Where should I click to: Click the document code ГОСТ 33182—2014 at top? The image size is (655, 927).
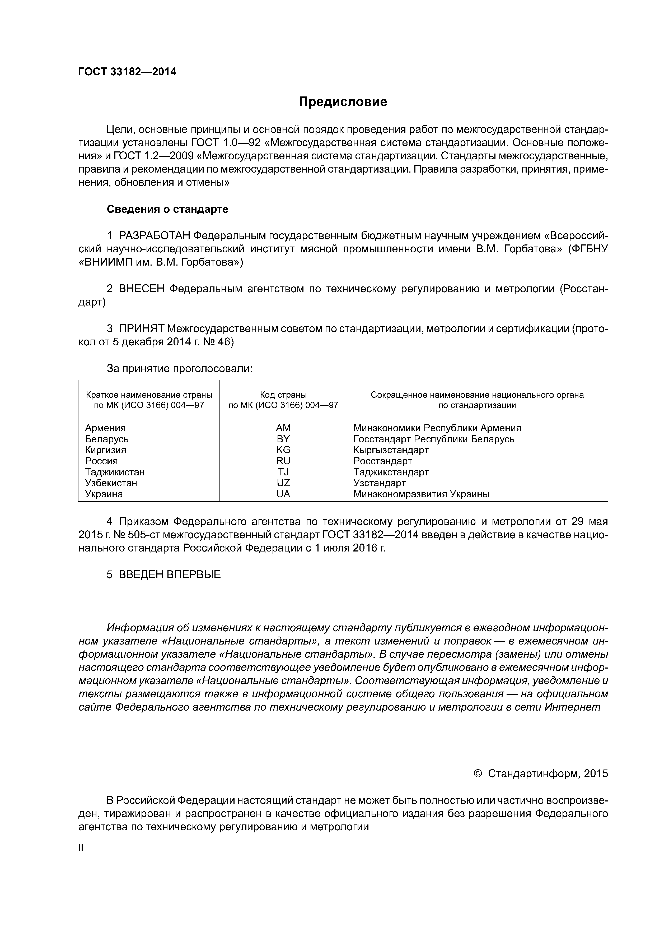pos(127,72)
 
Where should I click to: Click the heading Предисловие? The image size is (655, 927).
pos(343,102)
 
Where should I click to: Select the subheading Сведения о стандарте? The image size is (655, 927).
pos(167,209)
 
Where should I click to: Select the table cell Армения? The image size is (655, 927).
pos(105,428)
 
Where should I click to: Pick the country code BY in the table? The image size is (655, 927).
pos(283,439)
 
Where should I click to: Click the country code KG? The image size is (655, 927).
pos(283,450)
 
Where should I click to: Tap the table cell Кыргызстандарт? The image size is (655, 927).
pos(391,450)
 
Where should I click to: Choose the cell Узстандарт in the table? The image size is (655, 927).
pos(379,483)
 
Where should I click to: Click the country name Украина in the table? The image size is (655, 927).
pos(104,494)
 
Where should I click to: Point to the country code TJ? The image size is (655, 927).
pos(283,472)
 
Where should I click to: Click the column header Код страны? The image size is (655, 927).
pos(283,395)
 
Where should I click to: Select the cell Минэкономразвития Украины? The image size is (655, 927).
pos(421,494)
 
